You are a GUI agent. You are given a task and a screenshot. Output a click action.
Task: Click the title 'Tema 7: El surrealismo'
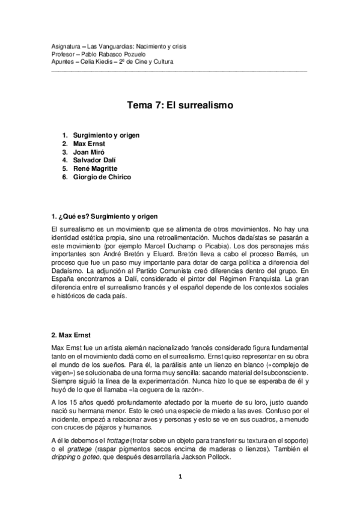(x=180, y=105)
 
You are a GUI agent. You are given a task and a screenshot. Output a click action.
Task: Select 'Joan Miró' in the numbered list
(x=90, y=152)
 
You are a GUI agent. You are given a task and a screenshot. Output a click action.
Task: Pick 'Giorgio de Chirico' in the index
(x=102, y=177)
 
